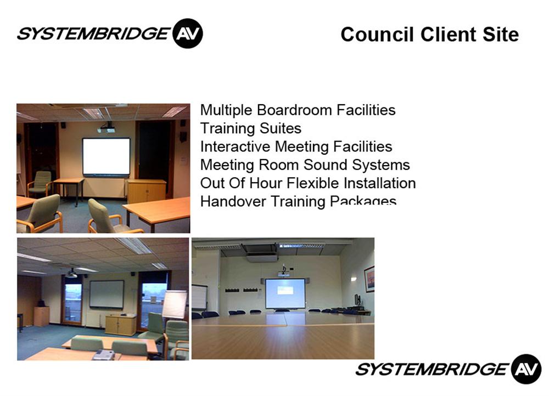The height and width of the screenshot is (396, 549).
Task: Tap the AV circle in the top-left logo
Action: (x=188, y=33)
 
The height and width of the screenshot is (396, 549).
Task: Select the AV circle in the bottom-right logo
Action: (x=526, y=369)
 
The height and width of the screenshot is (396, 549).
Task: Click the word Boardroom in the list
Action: (x=294, y=110)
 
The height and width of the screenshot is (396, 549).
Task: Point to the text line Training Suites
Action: (x=251, y=128)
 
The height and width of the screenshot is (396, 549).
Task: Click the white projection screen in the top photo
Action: (x=107, y=156)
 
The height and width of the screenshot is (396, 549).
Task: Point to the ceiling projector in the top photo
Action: (x=107, y=128)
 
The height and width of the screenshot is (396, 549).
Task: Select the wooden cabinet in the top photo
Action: (x=147, y=191)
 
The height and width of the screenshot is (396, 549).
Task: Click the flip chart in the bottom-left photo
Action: (x=175, y=304)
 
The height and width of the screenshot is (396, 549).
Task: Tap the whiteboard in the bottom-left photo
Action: (x=107, y=294)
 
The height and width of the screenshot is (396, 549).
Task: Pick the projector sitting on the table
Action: (x=103, y=355)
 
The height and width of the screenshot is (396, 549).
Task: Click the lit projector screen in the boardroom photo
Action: (x=285, y=293)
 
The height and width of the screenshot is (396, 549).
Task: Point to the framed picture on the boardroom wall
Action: (x=369, y=279)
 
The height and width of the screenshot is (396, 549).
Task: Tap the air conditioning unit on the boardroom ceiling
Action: (x=262, y=253)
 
